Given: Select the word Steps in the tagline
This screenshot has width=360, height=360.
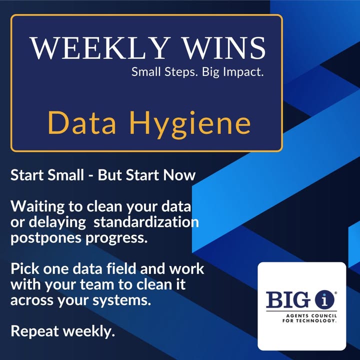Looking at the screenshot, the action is pos(181,72).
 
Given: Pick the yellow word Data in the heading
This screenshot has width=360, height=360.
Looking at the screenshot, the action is pos(81,122).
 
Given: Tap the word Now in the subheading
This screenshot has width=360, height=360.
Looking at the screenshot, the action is pos(179,175).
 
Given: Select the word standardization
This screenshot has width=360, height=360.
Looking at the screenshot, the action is pos(146,222).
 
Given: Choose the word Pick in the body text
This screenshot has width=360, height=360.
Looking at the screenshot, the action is pos(25,268).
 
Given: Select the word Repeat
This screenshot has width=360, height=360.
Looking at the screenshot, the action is pos(34,332).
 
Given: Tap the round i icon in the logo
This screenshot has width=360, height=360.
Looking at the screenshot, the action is pos(324,300).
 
